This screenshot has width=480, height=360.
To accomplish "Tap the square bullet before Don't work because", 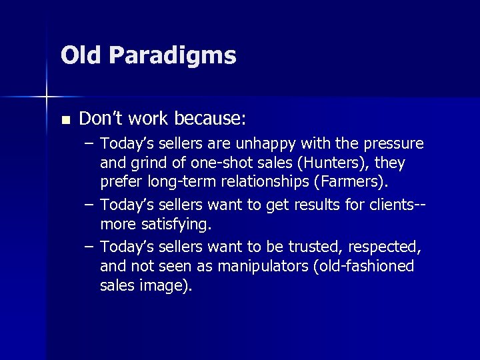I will (65, 120).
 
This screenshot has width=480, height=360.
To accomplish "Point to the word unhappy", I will (276, 144).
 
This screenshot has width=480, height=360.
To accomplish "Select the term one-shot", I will (216, 163).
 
